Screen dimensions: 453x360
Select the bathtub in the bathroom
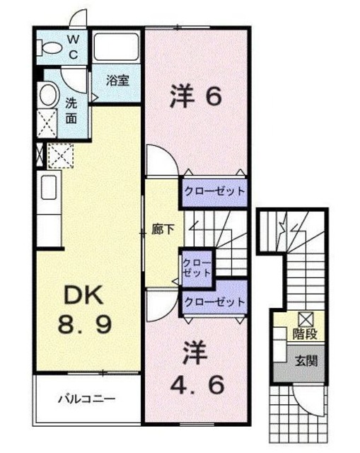click(116, 47)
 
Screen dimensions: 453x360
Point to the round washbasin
click(48, 94)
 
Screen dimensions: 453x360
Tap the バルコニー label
click(87, 399)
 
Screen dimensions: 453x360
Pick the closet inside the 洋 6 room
click(214, 191)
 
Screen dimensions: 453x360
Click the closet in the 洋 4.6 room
click(214, 302)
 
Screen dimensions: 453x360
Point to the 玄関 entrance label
click(306, 360)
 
